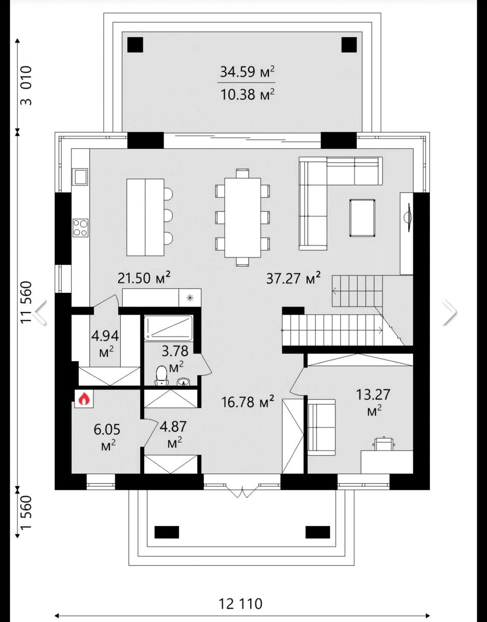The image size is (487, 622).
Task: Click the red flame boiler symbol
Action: [x=83, y=399]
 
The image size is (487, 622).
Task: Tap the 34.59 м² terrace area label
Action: [x=247, y=72]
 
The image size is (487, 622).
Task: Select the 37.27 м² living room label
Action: [x=293, y=278]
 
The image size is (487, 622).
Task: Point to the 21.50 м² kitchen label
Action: [x=145, y=277]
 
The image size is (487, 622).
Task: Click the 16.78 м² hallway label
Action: [x=248, y=402]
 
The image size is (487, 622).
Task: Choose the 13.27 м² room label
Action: [x=373, y=402]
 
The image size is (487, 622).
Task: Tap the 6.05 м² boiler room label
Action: [x=107, y=437]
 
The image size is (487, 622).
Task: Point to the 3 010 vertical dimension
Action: [x=26, y=86]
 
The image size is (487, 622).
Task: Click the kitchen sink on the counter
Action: [x=80, y=176]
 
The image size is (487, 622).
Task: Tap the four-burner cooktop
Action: [x=80, y=228]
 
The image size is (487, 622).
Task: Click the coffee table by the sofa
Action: [x=362, y=218]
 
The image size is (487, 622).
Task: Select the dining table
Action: [x=243, y=218]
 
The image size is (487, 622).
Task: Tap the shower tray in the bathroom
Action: [x=168, y=328]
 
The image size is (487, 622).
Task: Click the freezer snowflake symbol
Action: [x=190, y=298]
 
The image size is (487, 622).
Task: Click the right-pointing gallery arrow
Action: [x=449, y=312]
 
